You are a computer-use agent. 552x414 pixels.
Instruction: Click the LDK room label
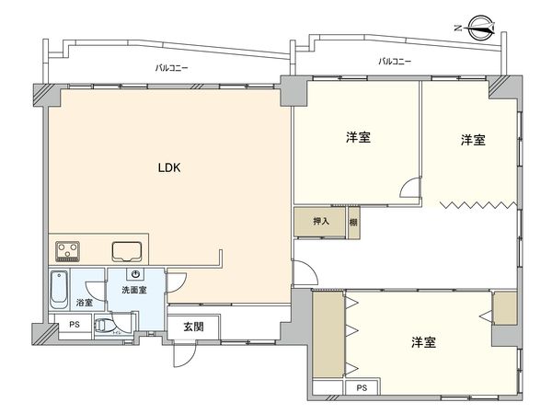pyautogui.click(x=167, y=168)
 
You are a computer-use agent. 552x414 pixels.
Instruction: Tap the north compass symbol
pyautogui.click(x=480, y=27)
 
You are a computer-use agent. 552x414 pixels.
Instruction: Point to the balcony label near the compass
pyautogui.click(x=395, y=61)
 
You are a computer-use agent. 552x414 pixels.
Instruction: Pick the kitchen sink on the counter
pyautogui.click(x=126, y=250)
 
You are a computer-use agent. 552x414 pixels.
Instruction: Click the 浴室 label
pyautogui.click(x=84, y=302)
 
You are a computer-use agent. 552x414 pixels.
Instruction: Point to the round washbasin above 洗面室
pyautogui.click(x=134, y=275)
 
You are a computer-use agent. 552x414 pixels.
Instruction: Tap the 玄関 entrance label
pyautogui.click(x=192, y=327)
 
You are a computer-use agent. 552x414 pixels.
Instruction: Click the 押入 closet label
pyautogui.click(x=321, y=222)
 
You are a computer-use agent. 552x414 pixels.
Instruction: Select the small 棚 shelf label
pyautogui.click(x=353, y=222)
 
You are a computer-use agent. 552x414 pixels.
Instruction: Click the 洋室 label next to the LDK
pyautogui.click(x=358, y=138)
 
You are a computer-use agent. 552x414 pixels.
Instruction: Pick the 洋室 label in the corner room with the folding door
pyautogui.click(x=473, y=140)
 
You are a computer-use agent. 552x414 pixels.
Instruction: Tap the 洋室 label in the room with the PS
pyautogui.click(x=423, y=343)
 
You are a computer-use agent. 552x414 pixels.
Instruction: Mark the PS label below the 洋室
pyautogui.click(x=362, y=387)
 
